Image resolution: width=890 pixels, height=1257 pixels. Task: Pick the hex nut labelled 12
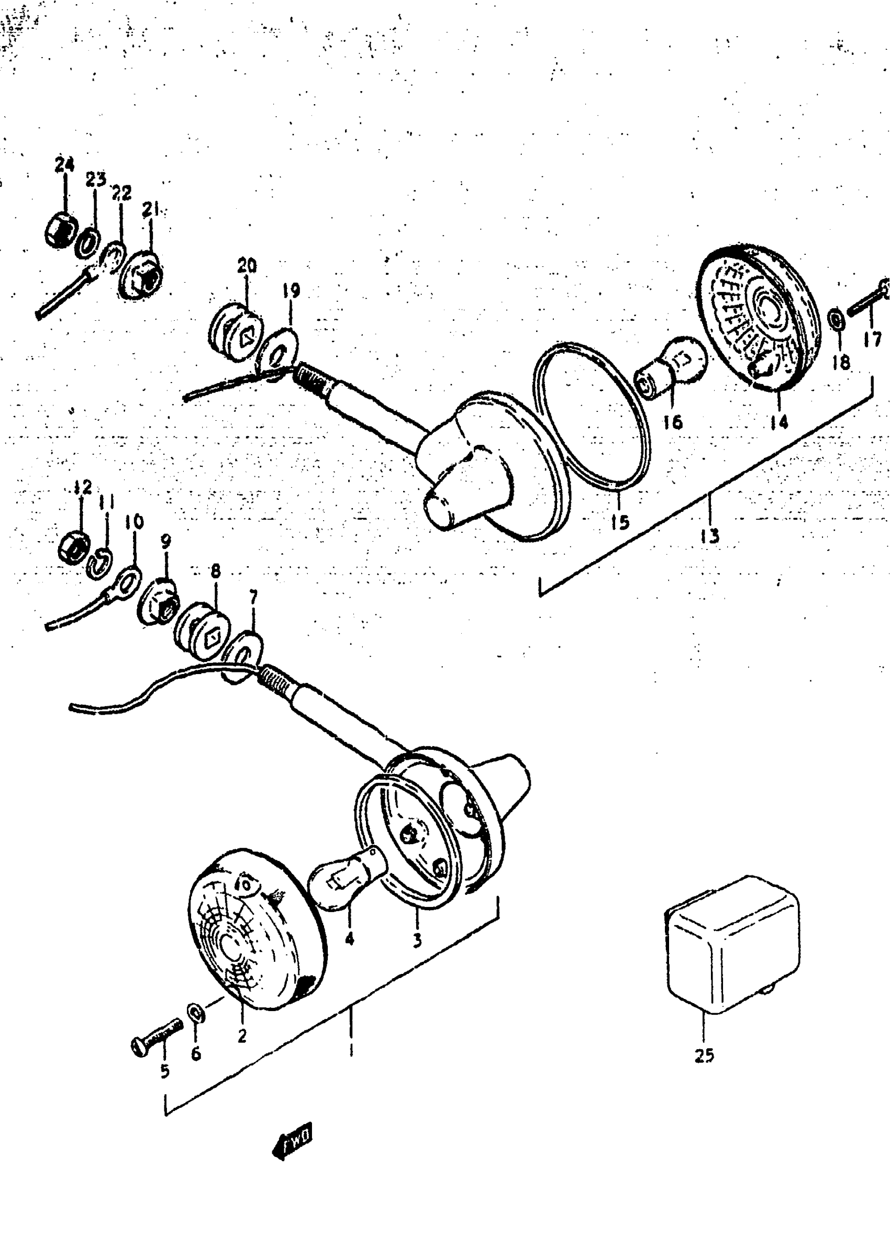click(74, 544)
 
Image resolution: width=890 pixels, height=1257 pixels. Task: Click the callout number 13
click(709, 535)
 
